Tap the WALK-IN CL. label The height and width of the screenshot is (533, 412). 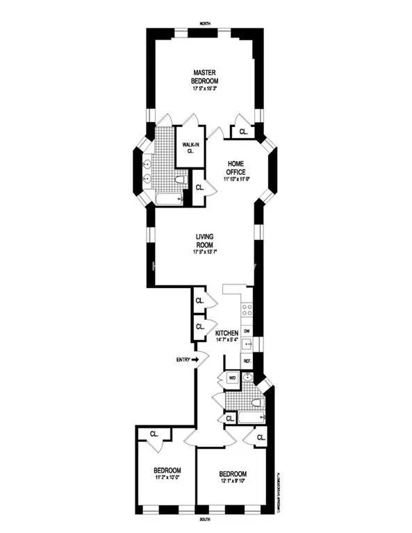click(187, 146)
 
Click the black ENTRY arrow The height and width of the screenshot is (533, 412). click(204, 359)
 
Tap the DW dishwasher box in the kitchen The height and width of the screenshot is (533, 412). click(247, 332)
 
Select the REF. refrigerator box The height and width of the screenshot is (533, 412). click(247, 361)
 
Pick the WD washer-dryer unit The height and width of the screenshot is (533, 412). click(231, 378)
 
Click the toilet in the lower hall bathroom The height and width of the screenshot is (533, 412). click(256, 403)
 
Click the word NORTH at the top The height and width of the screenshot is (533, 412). click(205, 24)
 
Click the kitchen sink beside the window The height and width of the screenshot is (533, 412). click(246, 345)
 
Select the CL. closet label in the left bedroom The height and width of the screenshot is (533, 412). click(154, 434)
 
